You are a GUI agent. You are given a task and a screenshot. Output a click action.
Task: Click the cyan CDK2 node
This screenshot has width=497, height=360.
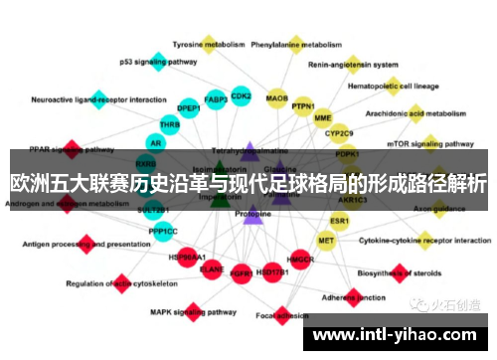[241, 95]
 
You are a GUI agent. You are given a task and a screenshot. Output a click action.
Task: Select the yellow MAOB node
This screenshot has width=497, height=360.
[277, 97]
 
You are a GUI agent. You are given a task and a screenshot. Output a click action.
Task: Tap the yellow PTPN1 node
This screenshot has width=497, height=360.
[303, 106]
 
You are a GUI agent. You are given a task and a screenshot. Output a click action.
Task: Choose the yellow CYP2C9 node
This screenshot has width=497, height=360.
[339, 132]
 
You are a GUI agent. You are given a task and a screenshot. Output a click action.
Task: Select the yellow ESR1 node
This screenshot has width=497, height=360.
[340, 220]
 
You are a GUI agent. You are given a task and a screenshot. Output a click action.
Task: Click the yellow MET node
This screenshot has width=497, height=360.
[326, 240]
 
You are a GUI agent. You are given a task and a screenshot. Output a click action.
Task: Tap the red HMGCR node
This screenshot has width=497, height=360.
[300, 261]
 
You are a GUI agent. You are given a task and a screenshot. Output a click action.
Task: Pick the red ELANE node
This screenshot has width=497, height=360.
[212, 268]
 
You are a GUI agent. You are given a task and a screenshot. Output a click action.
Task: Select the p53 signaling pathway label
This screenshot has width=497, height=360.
[158, 61]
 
